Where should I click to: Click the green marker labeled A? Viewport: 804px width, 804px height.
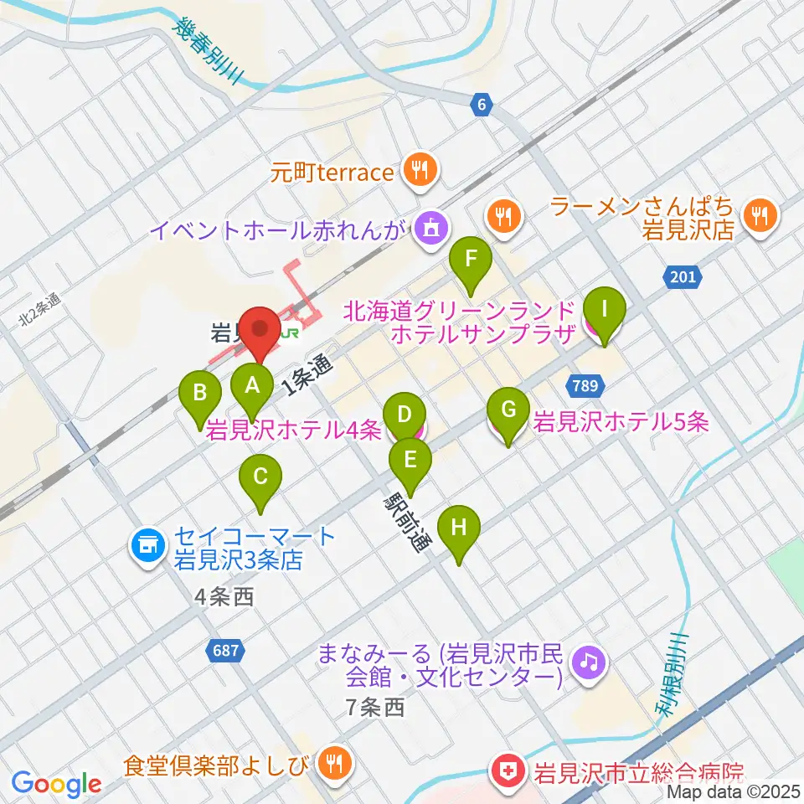251,386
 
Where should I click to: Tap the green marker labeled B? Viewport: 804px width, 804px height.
201,393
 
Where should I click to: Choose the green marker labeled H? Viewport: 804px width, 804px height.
458,528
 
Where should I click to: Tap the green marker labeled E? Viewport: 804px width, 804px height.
410,461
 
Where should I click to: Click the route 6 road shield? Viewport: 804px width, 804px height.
479,104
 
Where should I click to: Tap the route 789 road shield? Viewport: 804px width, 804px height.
585,385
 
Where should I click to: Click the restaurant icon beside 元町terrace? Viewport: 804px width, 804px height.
416,172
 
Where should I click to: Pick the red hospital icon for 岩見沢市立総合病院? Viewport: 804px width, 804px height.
508,769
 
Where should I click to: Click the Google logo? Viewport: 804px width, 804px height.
56,784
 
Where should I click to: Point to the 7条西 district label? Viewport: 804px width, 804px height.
375,708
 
